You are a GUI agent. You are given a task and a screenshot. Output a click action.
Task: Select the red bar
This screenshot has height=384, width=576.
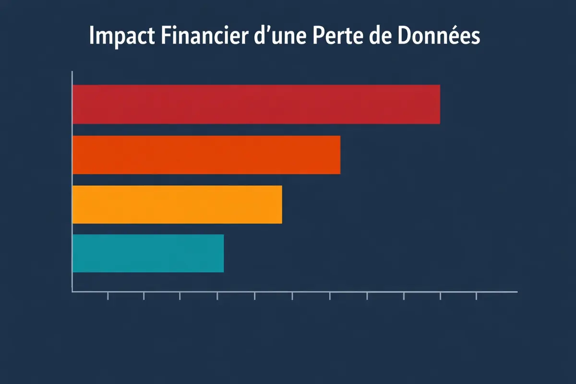[256, 104]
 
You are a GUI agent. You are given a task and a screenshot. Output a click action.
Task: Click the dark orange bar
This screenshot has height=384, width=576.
[206, 155]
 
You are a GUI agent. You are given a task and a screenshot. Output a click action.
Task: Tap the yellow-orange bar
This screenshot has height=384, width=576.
[177, 204]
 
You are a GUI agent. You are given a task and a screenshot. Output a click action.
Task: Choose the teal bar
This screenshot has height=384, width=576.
[148, 253]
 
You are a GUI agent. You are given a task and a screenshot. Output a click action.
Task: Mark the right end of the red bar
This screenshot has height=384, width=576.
[439, 104]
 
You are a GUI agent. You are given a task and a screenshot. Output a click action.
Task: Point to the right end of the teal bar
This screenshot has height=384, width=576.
[223, 253]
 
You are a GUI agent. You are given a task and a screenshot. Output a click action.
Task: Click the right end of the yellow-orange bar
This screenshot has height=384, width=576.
[281, 204]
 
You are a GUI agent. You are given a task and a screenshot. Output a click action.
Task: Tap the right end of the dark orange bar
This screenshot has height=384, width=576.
[339, 155]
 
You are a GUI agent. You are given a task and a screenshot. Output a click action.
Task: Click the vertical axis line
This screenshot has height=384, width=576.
[72, 182]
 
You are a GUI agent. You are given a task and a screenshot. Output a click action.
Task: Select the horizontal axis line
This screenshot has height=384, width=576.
[293, 291]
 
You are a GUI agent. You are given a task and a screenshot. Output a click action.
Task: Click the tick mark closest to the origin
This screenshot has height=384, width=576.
[108, 296]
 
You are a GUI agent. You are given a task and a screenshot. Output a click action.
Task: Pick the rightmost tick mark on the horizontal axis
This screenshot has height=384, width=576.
[476, 296]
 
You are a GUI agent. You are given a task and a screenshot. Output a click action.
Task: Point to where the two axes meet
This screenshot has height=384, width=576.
[72, 291]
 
